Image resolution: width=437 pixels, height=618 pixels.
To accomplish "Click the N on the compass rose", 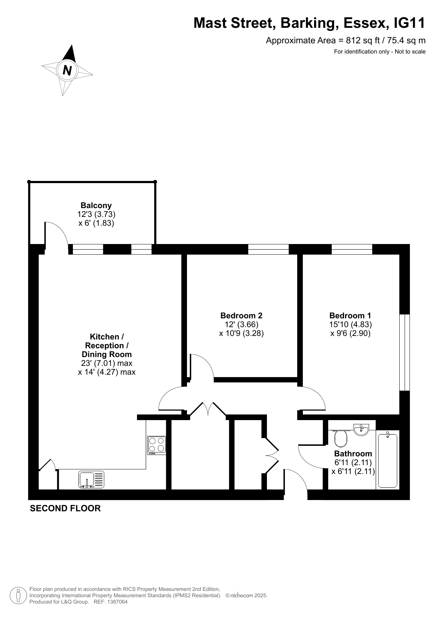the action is pyautogui.click(x=67, y=70).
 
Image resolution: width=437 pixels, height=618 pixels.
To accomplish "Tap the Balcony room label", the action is pyautogui.click(x=96, y=205).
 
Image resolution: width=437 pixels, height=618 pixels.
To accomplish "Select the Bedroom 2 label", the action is pyautogui.click(x=241, y=316).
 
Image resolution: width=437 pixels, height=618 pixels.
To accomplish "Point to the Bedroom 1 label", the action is pyautogui.click(x=350, y=316).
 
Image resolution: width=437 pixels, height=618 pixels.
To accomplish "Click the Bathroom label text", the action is pyautogui.click(x=353, y=454).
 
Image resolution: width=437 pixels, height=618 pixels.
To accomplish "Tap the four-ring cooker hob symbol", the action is pyautogui.click(x=157, y=445).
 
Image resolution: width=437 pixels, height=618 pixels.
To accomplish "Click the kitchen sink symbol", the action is pyautogui.click(x=92, y=480).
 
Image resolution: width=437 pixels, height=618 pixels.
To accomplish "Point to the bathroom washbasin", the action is pyautogui.click(x=361, y=430).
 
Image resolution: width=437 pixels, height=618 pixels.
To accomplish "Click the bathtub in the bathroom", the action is pyautogui.click(x=387, y=460).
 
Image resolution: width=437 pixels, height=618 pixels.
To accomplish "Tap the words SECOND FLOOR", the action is pyautogui.click(x=65, y=508).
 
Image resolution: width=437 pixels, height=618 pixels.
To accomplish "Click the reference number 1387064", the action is pyautogui.click(x=117, y=602).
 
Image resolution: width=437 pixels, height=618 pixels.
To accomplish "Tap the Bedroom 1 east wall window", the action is pyautogui.click(x=405, y=352).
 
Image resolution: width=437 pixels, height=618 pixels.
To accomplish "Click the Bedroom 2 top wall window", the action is pyautogui.click(x=268, y=249).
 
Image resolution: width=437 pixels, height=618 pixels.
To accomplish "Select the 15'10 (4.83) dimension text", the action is pyautogui.click(x=350, y=324).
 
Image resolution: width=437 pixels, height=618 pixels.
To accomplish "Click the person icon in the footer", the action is pyautogui.click(x=19, y=595).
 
